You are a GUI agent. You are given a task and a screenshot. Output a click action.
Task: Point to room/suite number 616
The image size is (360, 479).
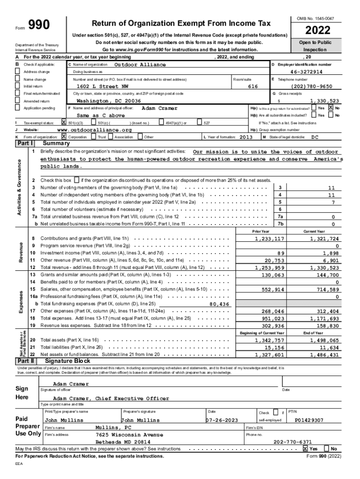[x=252, y=87]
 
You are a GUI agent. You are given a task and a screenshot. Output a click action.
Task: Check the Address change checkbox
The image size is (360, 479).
[x=18, y=72]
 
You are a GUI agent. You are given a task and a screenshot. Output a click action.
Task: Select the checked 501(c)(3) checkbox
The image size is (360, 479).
[x=64, y=123]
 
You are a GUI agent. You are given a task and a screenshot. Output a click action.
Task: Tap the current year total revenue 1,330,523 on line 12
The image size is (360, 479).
[x=324, y=268]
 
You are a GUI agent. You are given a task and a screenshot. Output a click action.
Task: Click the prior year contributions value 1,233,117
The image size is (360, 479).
[x=269, y=239]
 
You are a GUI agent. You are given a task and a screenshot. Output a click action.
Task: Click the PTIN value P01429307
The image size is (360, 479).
[x=309, y=420]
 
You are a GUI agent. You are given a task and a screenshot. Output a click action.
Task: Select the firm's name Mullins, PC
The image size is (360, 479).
[x=114, y=428]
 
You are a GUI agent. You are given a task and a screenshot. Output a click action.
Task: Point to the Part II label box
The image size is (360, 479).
[x=25, y=361]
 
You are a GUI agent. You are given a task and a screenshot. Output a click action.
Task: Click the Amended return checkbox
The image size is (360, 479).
[x=18, y=101]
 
